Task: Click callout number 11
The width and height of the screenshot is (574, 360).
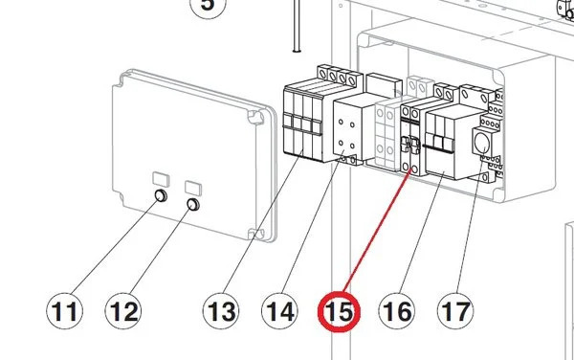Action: pos(64,311)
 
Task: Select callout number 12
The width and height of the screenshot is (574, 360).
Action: pos(123,311)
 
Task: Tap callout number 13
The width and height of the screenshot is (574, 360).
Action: pos(221,311)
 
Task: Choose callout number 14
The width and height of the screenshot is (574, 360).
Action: pos(279,311)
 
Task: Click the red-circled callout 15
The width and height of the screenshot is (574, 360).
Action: pos(339,311)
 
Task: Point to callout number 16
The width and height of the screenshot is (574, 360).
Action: pos(397,311)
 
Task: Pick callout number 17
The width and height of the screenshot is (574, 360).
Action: pos(455,311)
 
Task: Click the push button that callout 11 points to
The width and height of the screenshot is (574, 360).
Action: pos(161,196)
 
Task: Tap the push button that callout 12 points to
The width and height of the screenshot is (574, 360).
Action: pos(193,205)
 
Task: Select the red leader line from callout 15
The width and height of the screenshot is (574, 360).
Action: pos(378,233)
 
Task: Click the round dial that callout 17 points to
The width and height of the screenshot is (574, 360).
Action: pos(481,143)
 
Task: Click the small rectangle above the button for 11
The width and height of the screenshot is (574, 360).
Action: pos(161,179)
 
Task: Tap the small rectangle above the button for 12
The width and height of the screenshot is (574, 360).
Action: pos(193,188)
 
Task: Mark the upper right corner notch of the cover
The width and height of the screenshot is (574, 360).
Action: pos(255,117)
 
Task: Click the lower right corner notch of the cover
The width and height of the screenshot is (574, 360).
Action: pos(256,234)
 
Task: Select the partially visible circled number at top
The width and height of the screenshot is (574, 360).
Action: pos(208,8)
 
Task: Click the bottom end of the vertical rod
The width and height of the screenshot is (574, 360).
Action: pos(297,51)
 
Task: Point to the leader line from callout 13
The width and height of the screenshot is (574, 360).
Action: pos(263,221)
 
